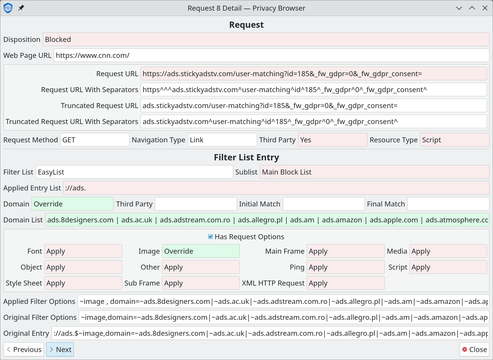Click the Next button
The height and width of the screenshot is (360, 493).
click(x=60, y=349)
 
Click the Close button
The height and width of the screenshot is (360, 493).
click(x=474, y=349)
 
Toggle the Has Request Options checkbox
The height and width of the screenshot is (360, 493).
click(x=210, y=237)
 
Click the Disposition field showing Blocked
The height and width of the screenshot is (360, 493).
click(x=266, y=39)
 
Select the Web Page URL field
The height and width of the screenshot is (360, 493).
click(x=271, y=55)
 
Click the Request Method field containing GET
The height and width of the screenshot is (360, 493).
click(x=95, y=140)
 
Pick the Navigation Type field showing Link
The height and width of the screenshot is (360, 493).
click(x=222, y=140)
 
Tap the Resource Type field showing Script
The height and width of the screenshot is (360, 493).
click(x=455, y=140)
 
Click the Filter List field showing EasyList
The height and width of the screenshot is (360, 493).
click(x=134, y=172)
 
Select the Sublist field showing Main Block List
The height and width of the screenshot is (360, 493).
click(x=374, y=172)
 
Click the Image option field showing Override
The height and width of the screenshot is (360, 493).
click(x=201, y=251)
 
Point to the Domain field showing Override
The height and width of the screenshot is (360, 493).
click(x=73, y=204)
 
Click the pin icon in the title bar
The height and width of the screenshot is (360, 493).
click(x=21, y=8)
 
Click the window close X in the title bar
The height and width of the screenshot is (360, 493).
click(x=485, y=8)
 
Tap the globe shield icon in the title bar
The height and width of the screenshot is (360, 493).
click(x=8, y=8)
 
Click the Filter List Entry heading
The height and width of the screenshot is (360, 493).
click(x=246, y=157)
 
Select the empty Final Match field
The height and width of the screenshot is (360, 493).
click(x=448, y=204)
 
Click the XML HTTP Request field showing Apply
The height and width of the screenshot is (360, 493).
click(x=345, y=283)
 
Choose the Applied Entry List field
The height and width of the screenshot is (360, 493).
click(x=276, y=188)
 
